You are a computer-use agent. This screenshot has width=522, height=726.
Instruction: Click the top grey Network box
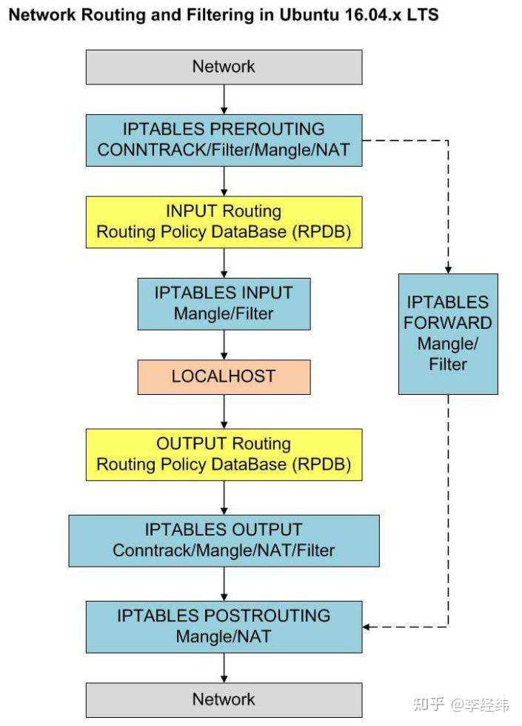point(224,67)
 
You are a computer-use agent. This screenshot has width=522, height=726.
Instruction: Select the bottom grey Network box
point(224,699)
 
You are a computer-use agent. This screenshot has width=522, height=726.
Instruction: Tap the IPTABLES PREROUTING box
point(224,139)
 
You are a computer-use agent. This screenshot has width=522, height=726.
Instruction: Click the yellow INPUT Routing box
point(224,221)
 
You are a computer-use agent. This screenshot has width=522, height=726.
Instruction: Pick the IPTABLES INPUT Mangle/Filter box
point(224,303)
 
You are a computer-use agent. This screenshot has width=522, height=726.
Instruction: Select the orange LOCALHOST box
point(224,376)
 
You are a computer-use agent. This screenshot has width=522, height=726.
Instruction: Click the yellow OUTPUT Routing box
point(224,453)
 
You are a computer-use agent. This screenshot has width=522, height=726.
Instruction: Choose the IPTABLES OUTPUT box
point(224,540)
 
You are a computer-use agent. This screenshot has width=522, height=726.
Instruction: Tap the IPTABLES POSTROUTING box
point(224,626)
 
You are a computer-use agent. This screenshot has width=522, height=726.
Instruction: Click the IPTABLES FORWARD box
point(448,333)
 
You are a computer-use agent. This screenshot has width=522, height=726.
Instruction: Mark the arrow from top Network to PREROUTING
point(224,99)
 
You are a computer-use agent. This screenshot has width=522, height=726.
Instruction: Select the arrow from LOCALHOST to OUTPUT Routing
point(224,411)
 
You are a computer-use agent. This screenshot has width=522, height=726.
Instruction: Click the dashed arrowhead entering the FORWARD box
point(448,269)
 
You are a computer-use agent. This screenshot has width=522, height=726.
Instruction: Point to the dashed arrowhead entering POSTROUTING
point(368,627)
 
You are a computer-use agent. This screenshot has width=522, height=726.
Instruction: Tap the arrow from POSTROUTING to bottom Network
point(224,667)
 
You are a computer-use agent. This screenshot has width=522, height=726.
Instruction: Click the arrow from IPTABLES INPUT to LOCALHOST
point(224,344)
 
